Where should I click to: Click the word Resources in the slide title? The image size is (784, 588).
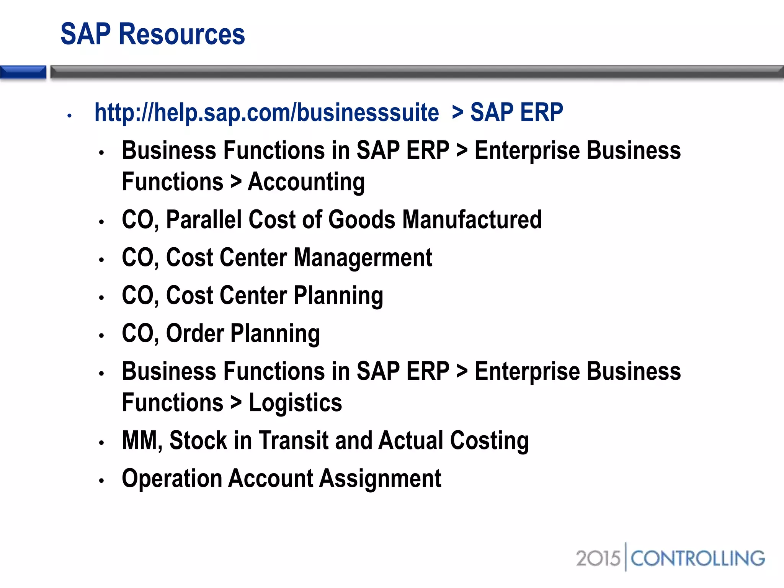pyautogui.click(x=182, y=34)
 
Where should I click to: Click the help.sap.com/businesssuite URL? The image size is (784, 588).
pyautogui.click(x=266, y=113)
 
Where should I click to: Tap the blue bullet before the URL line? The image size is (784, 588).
pyautogui.click(x=69, y=115)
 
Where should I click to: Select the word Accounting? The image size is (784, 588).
pyautogui.click(x=306, y=182)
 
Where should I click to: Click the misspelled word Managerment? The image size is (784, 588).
pyautogui.click(x=363, y=258)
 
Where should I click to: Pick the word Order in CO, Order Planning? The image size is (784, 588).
pyautogui.click(x=195, y=333)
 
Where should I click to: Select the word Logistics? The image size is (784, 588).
pyautogui.click(x=295, y=403)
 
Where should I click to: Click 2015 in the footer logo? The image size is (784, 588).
pyautogui.click(x=598, y=558)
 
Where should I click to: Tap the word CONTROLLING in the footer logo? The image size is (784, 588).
pyautogui.click(x=697, y=558)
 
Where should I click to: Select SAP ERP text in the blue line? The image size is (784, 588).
pyautogui.click(x=516, y=113)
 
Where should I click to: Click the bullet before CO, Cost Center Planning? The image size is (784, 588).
pyautogui.click(x=101, y=298)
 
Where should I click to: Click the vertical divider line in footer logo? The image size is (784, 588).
pyautogui.click(x=626, y=557)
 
